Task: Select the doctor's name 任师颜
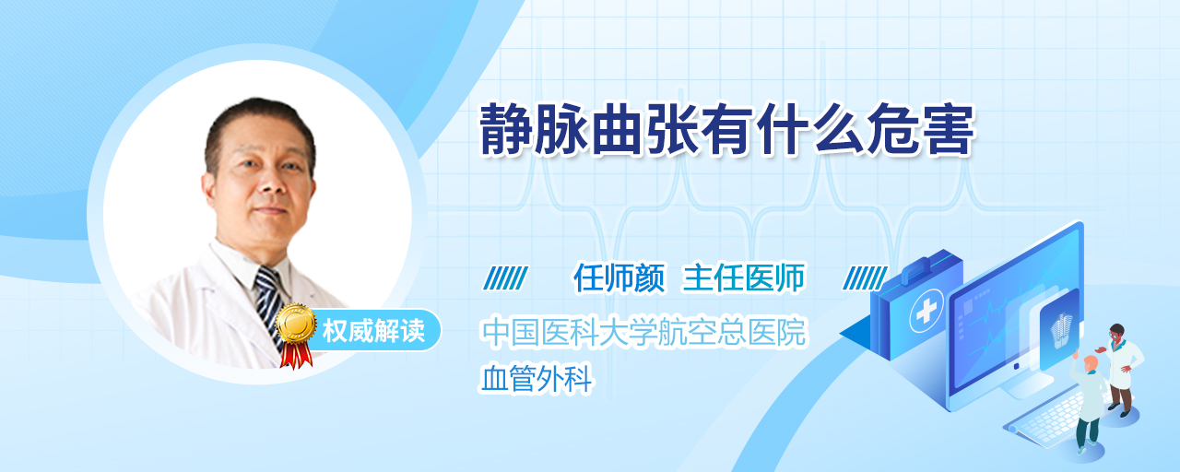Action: click(619, 277)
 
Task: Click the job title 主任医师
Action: click(744, 277)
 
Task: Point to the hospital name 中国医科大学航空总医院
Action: click(643, 332)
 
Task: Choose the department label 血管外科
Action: click(537, 379)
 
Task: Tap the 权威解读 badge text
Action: click(373, 331)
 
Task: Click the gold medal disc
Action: click(296, 323)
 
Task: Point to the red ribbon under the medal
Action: click(296, 355)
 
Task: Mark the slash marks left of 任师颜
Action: click(505, 278)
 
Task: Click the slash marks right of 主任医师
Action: click(865, 278)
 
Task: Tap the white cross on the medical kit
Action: click(926, 312)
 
